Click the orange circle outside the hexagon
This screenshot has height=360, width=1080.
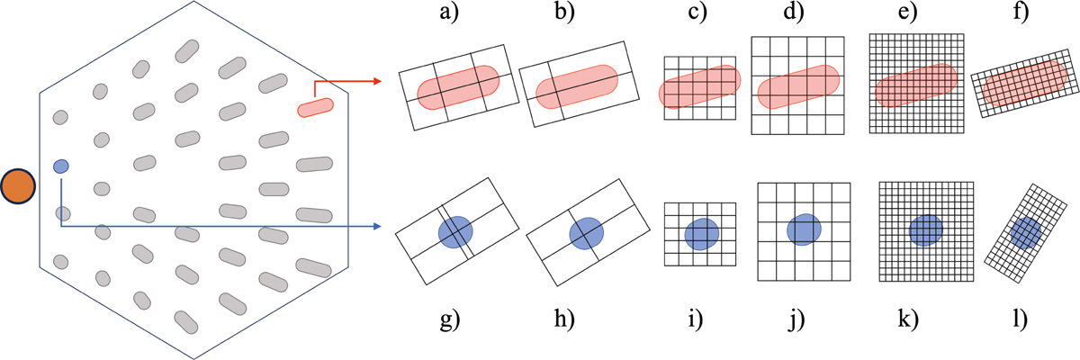pos(18,186)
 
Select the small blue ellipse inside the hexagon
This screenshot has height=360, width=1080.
pos(61,166)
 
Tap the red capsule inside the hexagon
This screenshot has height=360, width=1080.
pos(315,107)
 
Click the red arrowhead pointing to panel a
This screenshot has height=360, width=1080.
pos(377,81)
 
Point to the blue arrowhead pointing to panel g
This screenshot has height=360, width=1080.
pos(377,226)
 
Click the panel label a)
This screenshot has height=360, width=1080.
pos(449,11)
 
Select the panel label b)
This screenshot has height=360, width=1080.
pos(564,11)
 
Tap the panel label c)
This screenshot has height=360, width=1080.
pos(697,12)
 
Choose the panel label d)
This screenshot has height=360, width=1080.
pos(794,11)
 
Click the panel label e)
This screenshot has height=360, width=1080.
pos(907,12)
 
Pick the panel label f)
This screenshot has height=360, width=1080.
pos(1021,11)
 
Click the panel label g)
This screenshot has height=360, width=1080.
pos(450,320)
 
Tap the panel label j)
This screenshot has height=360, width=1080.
pos(796,320)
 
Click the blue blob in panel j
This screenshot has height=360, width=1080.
pos(804,229)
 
